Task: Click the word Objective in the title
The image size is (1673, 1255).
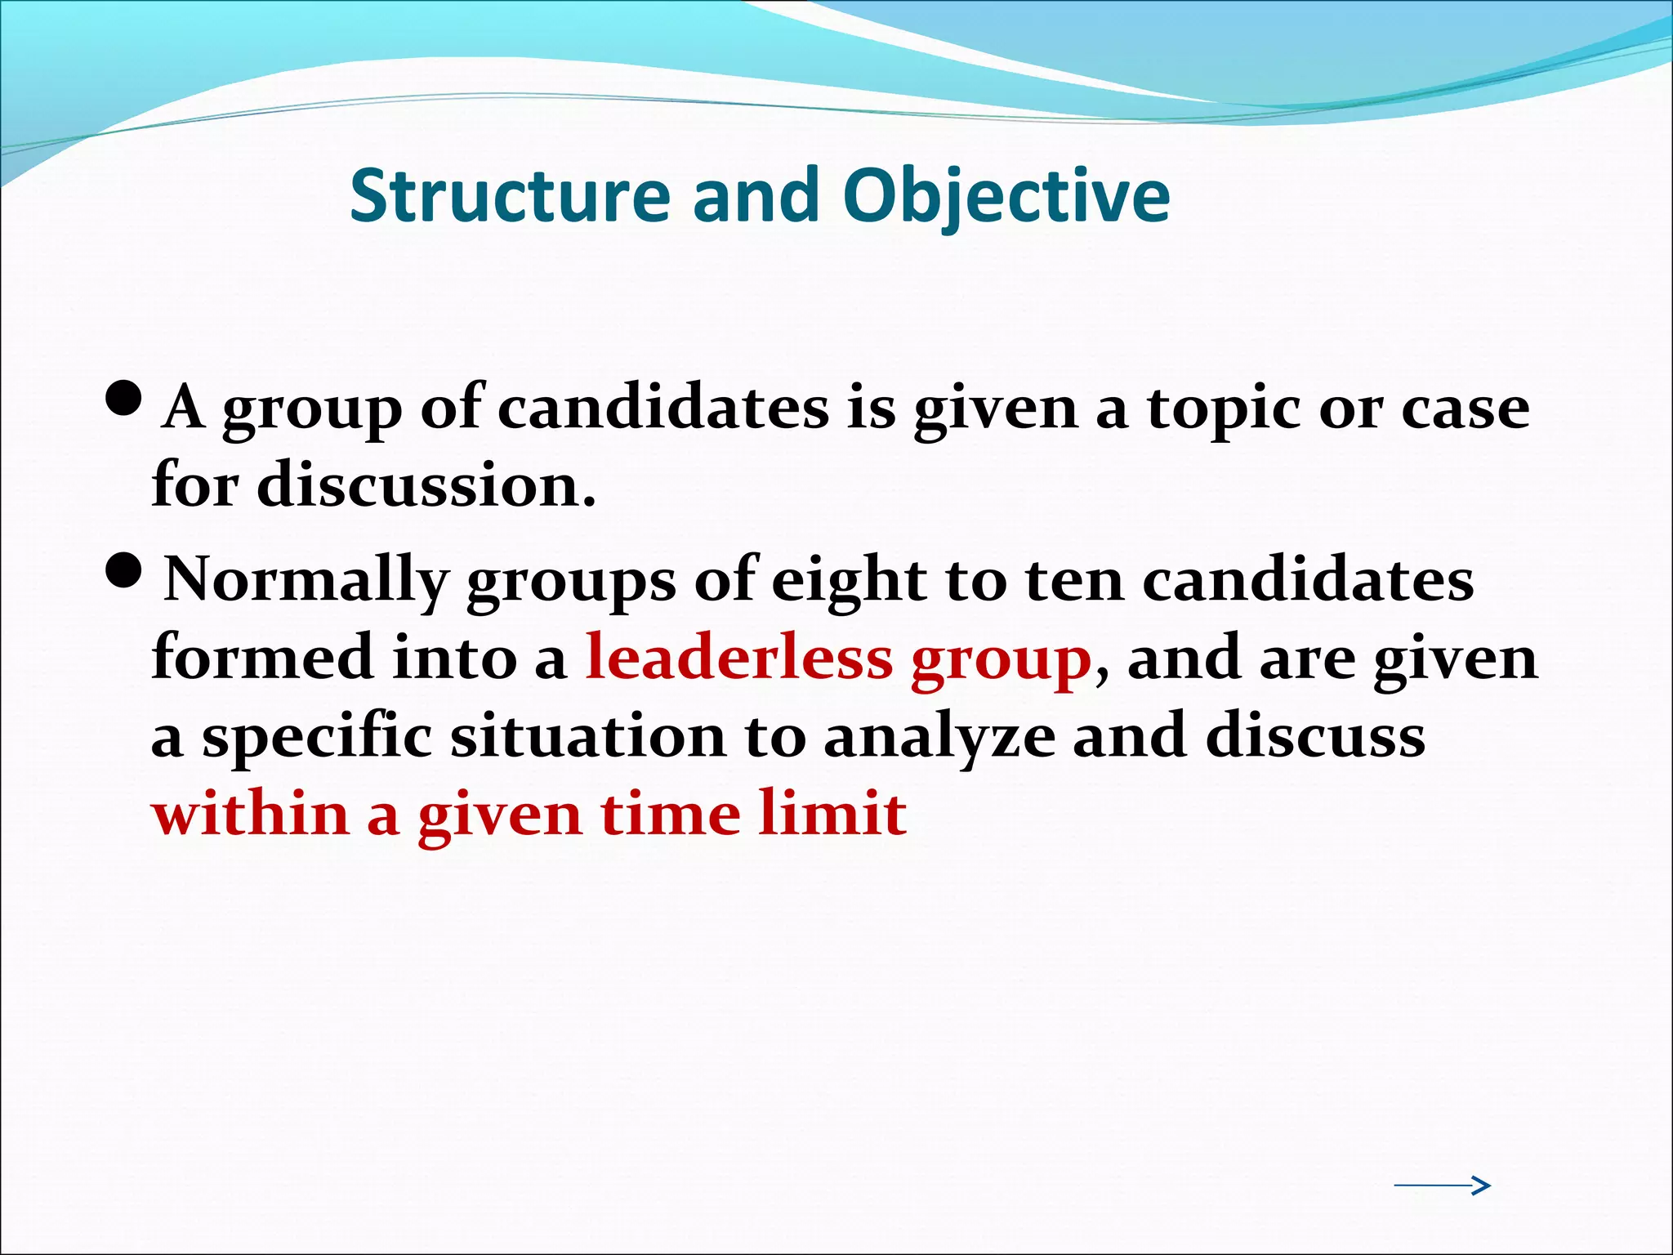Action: point(1006,196)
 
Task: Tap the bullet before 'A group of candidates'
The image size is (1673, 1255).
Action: point(125,400)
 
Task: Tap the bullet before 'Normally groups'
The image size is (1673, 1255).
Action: point(125,572)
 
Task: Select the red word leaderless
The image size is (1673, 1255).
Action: point(739,658)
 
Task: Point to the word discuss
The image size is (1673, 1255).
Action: point(1315,735)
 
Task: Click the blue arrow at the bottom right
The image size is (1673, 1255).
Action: point(1442,1184)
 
